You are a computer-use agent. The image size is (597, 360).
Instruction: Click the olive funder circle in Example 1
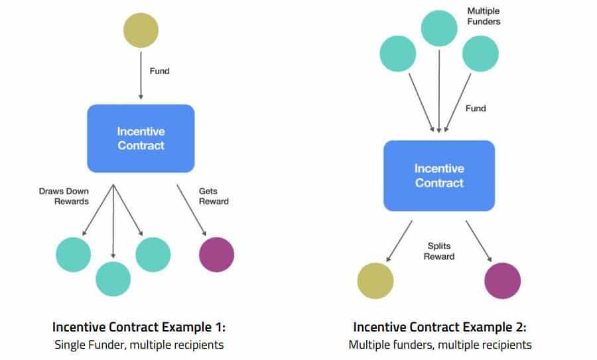[x=141, y=30]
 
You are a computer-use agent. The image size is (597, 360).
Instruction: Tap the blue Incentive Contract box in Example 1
[x=141, y=138]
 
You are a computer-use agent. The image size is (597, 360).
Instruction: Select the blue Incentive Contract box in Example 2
[x=438, y=175]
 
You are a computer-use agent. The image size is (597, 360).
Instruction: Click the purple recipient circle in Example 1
[x=216, y=254]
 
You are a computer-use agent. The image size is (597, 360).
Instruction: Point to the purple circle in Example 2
[x=503, y=280]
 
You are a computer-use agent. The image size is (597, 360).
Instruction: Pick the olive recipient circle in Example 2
[x=375, y=280]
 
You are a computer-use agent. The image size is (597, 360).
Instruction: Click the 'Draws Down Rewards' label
[x=64, y=196]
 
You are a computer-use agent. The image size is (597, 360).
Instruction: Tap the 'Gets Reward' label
[x=214, y=196]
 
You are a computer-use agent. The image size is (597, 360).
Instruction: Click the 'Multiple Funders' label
[x=484, y=17]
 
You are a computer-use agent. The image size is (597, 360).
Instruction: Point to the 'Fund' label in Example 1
[x=160, y=71]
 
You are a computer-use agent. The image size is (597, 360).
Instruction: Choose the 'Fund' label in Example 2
[x=476, y=108]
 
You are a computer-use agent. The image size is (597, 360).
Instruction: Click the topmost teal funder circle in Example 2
[x=440, y=29]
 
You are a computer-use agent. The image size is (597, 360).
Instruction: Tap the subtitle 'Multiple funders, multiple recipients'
[x=440, y=345]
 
